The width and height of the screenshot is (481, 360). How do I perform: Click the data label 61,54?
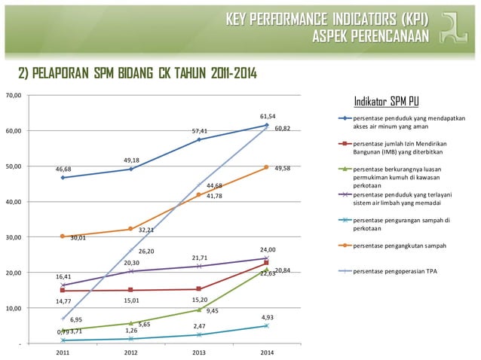[x=267, y=117]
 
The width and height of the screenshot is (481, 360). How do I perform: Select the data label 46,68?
[x=63, y=169]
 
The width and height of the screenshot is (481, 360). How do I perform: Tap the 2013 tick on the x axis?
[x=199, y=352]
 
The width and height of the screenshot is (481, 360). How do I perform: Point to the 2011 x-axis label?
[x=63, y=352]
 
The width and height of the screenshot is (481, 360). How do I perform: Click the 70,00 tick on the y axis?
[x=13, y=96]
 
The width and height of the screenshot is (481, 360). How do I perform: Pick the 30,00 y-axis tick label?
[x=13, y=237]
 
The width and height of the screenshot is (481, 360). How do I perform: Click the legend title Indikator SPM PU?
[x=387, y=102]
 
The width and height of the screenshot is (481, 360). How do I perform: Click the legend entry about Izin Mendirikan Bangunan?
[x=404, y=148]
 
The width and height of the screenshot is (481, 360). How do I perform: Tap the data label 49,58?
[x=283, y=168]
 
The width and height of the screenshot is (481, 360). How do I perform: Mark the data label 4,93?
[x=267, y=317]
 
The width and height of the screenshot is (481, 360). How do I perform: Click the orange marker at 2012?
[x=131, y=229]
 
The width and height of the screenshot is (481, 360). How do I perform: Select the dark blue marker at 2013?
[x=199, y=139]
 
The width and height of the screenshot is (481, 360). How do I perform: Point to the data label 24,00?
[x=268, y=249]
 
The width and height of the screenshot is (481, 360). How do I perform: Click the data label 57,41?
[x=199, y=131]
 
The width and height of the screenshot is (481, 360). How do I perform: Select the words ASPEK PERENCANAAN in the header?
[x=370, y=36]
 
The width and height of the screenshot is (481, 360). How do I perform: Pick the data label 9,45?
[x=213, y=310]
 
